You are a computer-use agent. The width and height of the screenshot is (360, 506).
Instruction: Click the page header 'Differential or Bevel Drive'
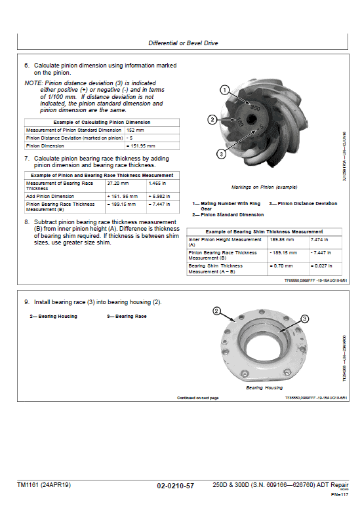[x=183, y=43]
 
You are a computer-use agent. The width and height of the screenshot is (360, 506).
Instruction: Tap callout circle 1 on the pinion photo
[x=224, y=90]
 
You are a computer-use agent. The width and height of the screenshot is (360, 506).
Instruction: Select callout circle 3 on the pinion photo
[x=221, y=153]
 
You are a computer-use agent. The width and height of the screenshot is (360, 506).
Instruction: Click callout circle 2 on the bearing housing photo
[x=218, y=311]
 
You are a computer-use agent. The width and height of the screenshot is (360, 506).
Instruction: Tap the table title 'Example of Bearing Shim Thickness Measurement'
[x=264, y=231]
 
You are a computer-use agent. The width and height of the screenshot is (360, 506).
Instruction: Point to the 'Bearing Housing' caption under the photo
[x=264, y=388]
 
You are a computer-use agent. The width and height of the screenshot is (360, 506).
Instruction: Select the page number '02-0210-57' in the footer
[x=175, y=486]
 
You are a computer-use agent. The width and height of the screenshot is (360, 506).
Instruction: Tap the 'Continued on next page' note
[x=197, y=398]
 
